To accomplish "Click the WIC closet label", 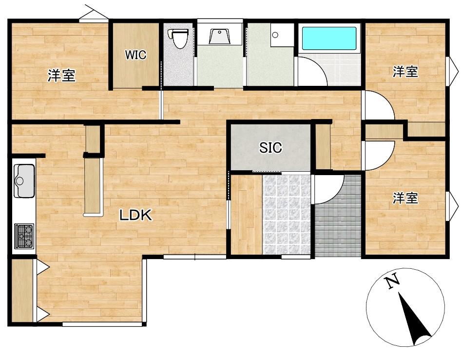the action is click(x=135, y=55).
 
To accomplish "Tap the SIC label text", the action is click(x=270, y=147).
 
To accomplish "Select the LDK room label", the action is click(x=135, y=215).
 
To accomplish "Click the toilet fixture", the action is click(x=178, y=38).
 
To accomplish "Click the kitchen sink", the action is click(x=24, y=180).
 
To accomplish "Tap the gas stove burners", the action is click(x=24, y=236).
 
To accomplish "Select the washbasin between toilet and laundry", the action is click(x=219, y=36).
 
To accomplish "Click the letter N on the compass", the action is click(x=392, y=281).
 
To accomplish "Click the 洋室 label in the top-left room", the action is click(x=62, y=75).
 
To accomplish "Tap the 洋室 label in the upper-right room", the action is click(x=405, y=72).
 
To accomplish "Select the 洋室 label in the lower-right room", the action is click(x=405, y=199).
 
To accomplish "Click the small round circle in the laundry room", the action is click(x=275, y=35).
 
